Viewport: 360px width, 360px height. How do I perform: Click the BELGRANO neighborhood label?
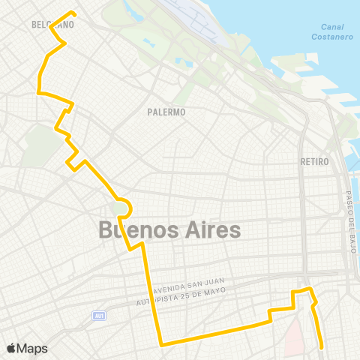click(52, 25)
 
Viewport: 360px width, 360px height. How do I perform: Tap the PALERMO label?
click(166, 112)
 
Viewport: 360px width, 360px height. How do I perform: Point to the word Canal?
click(322, 28)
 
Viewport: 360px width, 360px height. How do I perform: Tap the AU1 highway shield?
click(98, 316)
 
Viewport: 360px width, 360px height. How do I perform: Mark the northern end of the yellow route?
click(73, 12)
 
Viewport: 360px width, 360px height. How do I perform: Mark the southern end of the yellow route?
click(322, 347)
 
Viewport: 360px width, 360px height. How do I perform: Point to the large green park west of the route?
click(35, 145)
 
